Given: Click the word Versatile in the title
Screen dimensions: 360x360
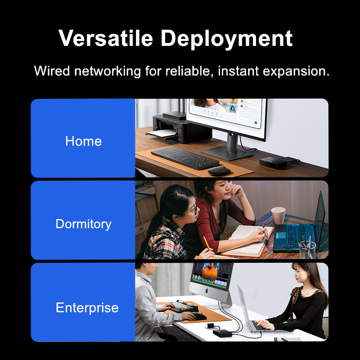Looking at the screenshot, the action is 106,38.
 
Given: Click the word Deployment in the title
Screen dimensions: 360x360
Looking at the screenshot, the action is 227,40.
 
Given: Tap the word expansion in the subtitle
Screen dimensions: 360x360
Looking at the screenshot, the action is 296,72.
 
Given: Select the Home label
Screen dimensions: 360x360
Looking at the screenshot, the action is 83,141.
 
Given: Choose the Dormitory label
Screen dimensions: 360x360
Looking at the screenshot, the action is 83,224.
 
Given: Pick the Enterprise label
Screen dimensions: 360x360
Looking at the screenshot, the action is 87,308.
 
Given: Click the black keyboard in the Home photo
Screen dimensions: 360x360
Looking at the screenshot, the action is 185,157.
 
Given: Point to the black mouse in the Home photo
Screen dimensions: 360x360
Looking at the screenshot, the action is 219,171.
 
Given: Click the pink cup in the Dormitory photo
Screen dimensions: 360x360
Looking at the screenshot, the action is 278,216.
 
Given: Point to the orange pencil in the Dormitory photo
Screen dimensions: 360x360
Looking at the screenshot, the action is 207,243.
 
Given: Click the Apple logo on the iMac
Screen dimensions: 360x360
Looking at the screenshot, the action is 207,291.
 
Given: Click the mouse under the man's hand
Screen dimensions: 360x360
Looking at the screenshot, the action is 198,316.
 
